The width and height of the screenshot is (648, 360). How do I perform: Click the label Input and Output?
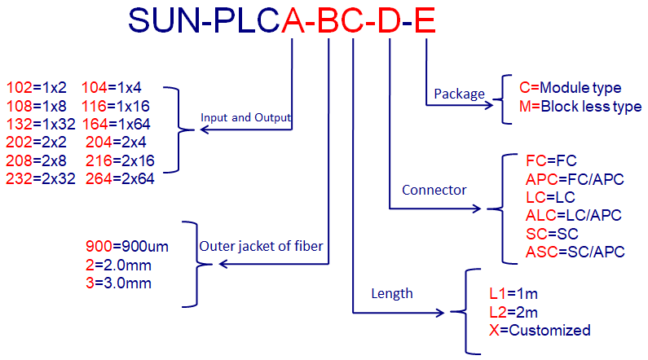click(245, 117)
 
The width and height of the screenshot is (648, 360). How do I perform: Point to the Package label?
click(459, 94)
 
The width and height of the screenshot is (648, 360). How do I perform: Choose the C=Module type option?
click(570, 87)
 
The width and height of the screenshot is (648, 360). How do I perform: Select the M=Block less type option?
click(580, 106)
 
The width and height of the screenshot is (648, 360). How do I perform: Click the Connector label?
click(434, 191)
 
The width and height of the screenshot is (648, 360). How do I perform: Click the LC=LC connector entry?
click(550, 197)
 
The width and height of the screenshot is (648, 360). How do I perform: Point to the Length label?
click(392, 293)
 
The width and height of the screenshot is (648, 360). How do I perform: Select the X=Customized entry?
click(539, 330)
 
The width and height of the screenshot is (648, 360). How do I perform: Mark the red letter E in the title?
click(424, 20)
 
